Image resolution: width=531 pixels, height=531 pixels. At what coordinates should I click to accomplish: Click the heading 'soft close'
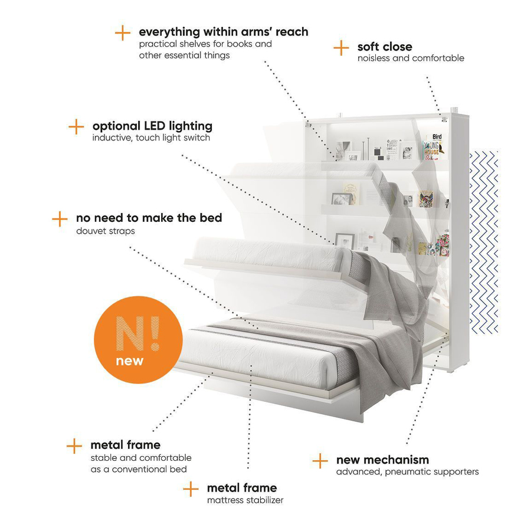click(385, 47)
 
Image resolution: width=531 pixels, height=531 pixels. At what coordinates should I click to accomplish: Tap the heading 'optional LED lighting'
click(152, 126)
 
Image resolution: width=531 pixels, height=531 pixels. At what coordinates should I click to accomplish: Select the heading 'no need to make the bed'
click(149, 218)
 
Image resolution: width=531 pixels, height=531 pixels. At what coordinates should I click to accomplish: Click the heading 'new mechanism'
click(383, 460)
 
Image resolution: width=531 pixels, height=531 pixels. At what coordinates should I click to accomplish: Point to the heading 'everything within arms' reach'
click(224, 32)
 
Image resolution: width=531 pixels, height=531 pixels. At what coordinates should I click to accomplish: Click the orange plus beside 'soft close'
click(341, 48)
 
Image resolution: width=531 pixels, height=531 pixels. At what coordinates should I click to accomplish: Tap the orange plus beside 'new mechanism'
click(320, 461)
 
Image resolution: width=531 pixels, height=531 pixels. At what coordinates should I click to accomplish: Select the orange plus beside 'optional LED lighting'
click(76, 127)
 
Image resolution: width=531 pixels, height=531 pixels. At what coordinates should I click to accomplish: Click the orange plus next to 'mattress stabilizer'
click(191, 489)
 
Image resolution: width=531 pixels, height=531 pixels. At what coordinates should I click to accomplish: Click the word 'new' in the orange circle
click(130, 361)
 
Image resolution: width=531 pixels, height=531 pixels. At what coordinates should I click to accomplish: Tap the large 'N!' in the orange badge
click(137, 333)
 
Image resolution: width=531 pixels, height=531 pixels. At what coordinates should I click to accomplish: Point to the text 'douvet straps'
click(106, 231)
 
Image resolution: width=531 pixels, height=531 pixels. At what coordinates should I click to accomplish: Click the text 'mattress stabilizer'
click(245, 500)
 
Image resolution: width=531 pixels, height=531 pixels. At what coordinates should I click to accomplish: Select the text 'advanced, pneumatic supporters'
click(407, 472)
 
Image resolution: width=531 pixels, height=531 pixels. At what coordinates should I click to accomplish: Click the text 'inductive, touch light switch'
click(151, 138)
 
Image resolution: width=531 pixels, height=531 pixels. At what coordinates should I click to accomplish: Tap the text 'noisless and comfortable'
click(411, 58)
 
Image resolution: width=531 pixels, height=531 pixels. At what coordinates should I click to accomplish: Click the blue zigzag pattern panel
click(484, 242)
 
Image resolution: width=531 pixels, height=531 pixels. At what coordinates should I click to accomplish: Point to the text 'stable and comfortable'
click(141, 458)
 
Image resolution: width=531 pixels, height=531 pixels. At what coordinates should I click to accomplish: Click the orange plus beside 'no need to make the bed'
click(60, 219)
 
